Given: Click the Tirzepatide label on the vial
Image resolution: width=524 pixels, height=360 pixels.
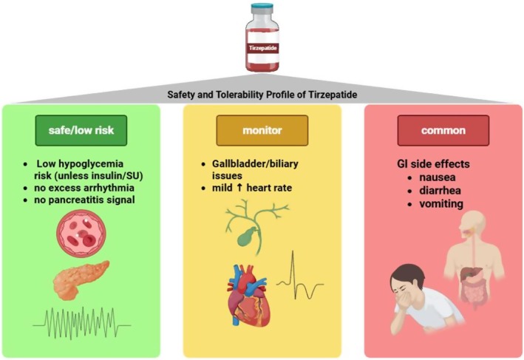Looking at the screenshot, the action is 262,48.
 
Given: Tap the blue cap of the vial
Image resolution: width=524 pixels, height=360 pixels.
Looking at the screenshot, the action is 262,7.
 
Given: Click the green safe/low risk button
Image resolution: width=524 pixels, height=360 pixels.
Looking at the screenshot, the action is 81,130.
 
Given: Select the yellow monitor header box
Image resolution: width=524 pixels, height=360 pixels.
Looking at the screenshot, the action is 262,130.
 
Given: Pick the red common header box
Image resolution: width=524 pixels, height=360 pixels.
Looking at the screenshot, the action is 443,130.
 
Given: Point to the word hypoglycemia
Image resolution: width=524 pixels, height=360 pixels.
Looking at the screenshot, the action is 91,164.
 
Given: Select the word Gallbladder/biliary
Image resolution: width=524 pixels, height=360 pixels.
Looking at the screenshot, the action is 255,164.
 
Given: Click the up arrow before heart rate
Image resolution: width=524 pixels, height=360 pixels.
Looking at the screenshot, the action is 239,188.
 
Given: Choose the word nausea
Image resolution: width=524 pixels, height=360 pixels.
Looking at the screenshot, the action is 438,177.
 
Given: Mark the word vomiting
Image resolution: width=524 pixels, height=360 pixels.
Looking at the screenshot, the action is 441,204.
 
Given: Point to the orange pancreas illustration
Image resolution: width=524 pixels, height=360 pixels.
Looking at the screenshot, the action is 81,280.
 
